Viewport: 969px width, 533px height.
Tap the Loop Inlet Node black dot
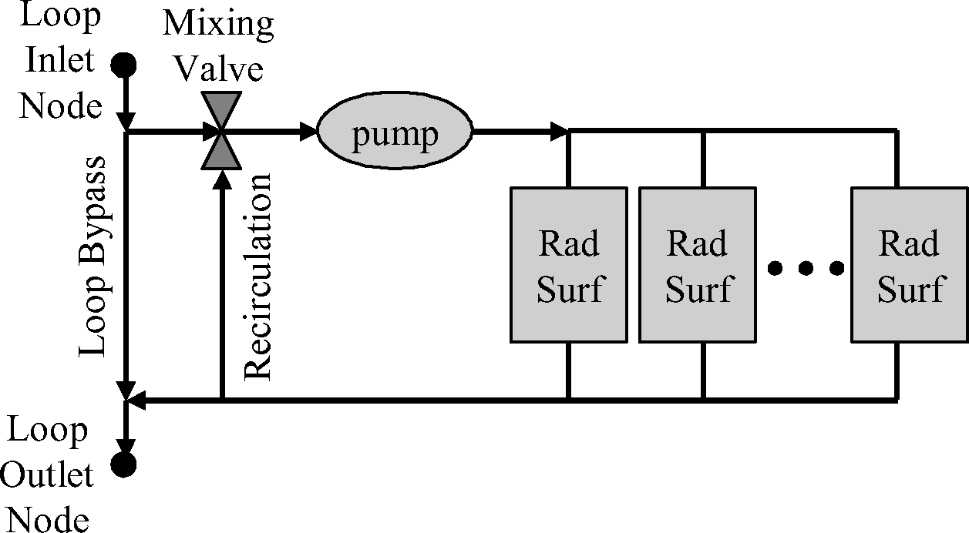point(123,65)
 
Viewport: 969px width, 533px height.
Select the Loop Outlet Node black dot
point(123,464)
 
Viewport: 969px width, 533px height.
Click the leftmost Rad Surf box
point(568,265)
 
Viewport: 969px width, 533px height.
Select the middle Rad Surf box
point(697,265)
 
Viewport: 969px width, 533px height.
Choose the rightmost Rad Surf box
point(910,265)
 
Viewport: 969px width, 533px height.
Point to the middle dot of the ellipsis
point(806,268)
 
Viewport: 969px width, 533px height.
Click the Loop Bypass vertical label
point(96,257)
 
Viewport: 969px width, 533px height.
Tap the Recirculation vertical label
point(257,277)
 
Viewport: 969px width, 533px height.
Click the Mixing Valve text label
point(218,46)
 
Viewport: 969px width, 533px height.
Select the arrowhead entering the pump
point(309,132)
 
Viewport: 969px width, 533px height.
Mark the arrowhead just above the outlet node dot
point(124,446)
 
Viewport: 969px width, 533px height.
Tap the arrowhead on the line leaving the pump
point(560,132)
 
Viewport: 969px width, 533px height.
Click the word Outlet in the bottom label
point(56,475)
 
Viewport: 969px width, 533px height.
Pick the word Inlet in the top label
point(60,60)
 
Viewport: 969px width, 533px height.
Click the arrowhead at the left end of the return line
point(135,401)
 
